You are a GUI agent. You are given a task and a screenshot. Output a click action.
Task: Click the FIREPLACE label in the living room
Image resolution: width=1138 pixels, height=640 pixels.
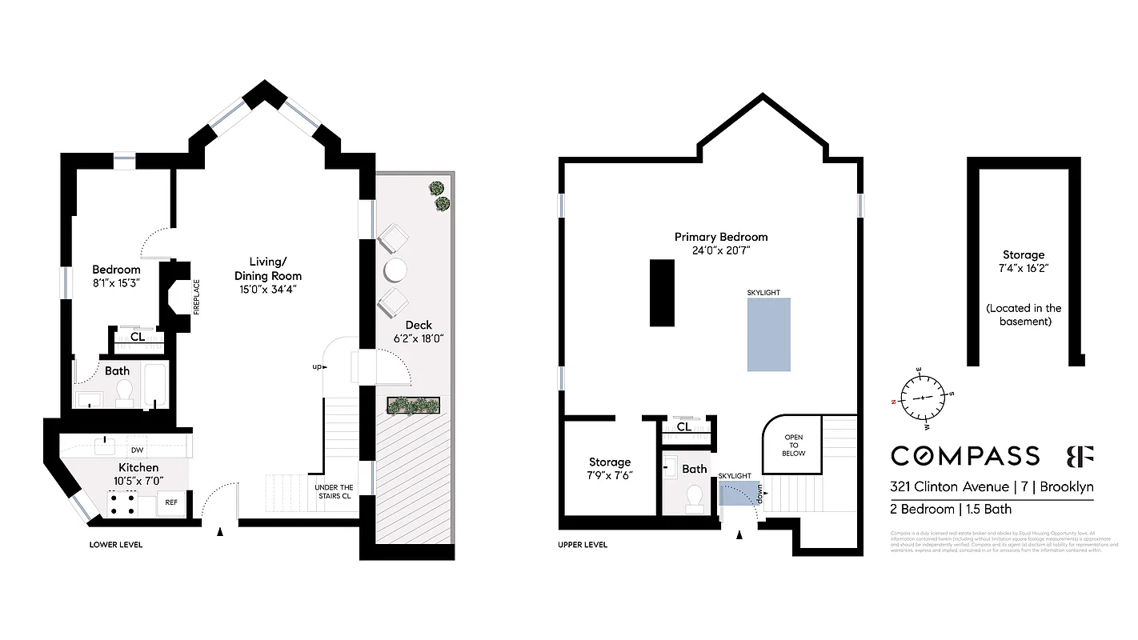point(197,296)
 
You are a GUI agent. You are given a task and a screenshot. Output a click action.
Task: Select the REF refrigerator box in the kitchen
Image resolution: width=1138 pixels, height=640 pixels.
point(170,503)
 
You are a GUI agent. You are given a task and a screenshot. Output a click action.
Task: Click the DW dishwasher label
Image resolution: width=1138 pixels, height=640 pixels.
point(137,450)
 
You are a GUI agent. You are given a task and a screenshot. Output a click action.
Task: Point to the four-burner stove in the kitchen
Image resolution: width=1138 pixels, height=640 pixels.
point(121,503)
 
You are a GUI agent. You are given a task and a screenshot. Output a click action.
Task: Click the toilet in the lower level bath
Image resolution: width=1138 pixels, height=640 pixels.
point(124,392)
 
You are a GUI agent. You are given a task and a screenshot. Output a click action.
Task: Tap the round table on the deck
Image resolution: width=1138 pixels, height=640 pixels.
point(396,270)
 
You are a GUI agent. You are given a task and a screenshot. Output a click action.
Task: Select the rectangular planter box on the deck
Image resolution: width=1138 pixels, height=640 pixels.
point(415,405)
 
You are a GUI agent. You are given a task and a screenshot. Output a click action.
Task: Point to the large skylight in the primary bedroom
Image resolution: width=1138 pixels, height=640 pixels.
point(768,334)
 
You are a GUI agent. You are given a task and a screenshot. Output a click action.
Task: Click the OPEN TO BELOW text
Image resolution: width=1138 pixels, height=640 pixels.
point(792,446)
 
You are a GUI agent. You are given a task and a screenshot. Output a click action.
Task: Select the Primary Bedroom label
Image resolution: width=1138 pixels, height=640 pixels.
point(720,237)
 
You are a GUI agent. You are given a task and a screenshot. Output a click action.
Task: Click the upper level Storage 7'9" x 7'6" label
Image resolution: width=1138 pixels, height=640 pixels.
point(610,468)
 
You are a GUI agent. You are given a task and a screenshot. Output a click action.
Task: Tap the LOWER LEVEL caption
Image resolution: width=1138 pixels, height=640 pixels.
point(116,545)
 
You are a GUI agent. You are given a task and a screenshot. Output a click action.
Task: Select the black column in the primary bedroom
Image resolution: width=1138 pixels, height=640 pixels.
point(663,292)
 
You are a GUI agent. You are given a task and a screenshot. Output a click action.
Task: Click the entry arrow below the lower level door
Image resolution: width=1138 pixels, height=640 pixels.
point(220,530)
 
